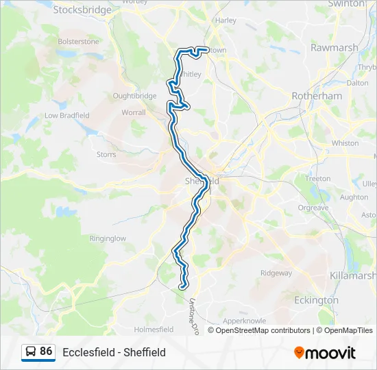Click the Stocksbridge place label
82,10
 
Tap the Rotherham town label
317,96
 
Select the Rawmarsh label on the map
334,48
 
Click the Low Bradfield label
67,116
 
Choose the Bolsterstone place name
80,41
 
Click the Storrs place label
106,155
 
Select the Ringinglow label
108,239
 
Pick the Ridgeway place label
276,273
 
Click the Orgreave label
313,208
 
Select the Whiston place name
345,143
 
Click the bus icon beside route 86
31,352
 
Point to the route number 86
46,351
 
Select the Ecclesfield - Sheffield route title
114,352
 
